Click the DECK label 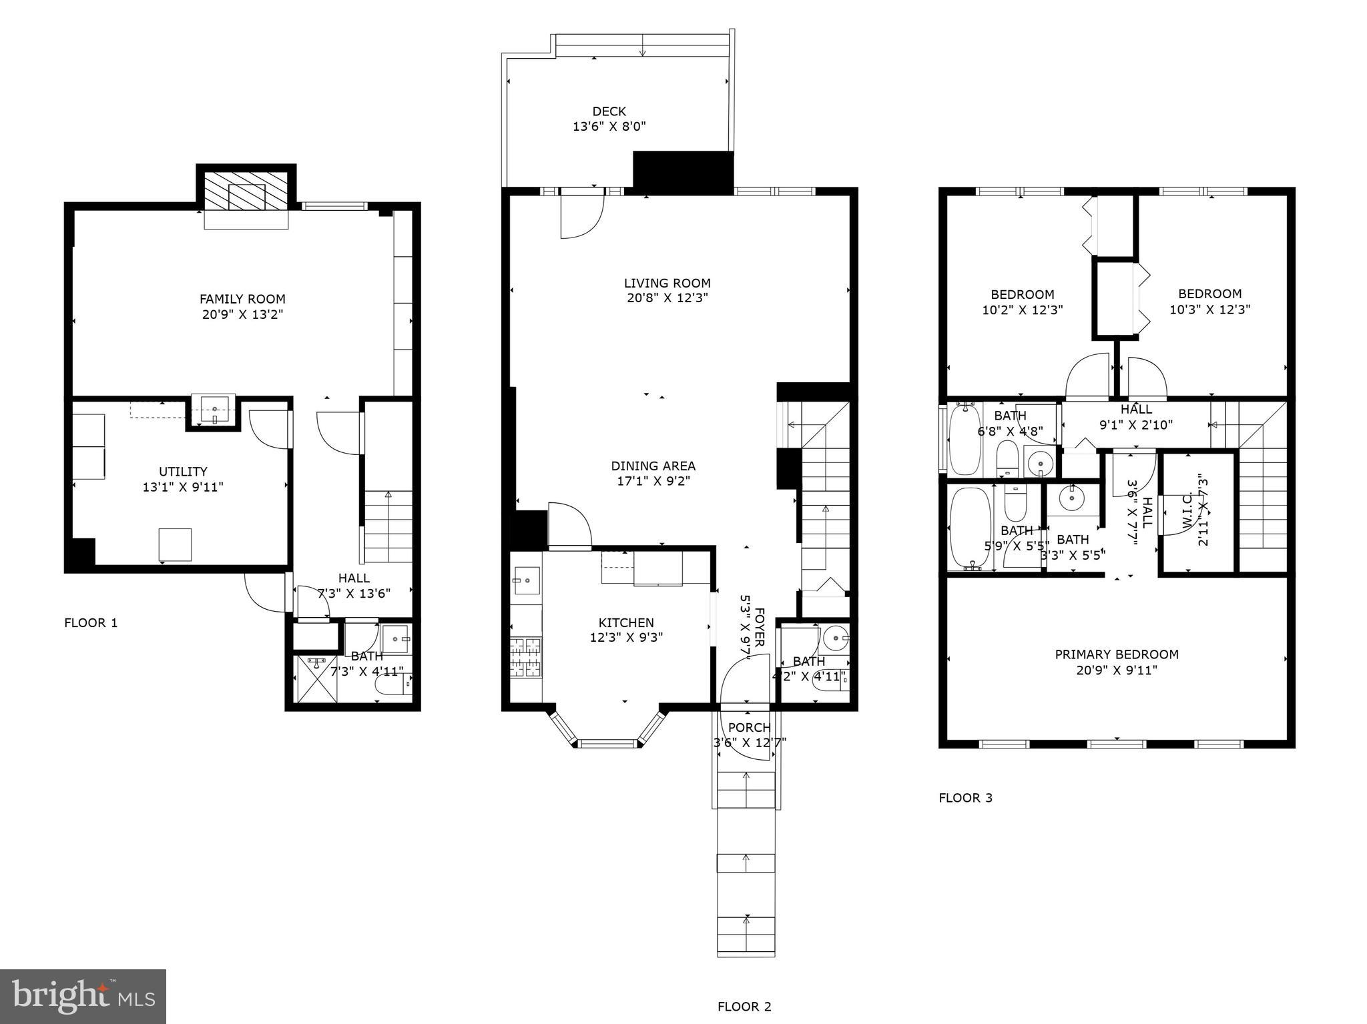pyautogui.click(x=609, y=111)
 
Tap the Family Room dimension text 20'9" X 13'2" pyautogui.click(x=242, y=315)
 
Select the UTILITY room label pyautogui.click(x=183, y=472)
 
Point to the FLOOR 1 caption pyautogui.click(x=91, y=623)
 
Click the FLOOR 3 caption pyautogui.click(x=965, y=798)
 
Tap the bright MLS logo pyautogui.click(x=83, y=996)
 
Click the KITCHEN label pyautogui.click(x=625, y=623)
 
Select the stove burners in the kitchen pyautogui.click(x=526, y=658)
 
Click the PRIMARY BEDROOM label pyautogui.click(x=1116, y=654)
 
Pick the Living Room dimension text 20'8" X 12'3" pyautogui.click(x=667, y=298)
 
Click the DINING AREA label pyautogui.click(x=653, y=466)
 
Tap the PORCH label pyautogui.click(x=749, y=727)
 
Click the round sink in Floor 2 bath pyautogui.click(x=835, y=638)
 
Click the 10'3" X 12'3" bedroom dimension pyautogui.click(x=1209, y=310)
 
